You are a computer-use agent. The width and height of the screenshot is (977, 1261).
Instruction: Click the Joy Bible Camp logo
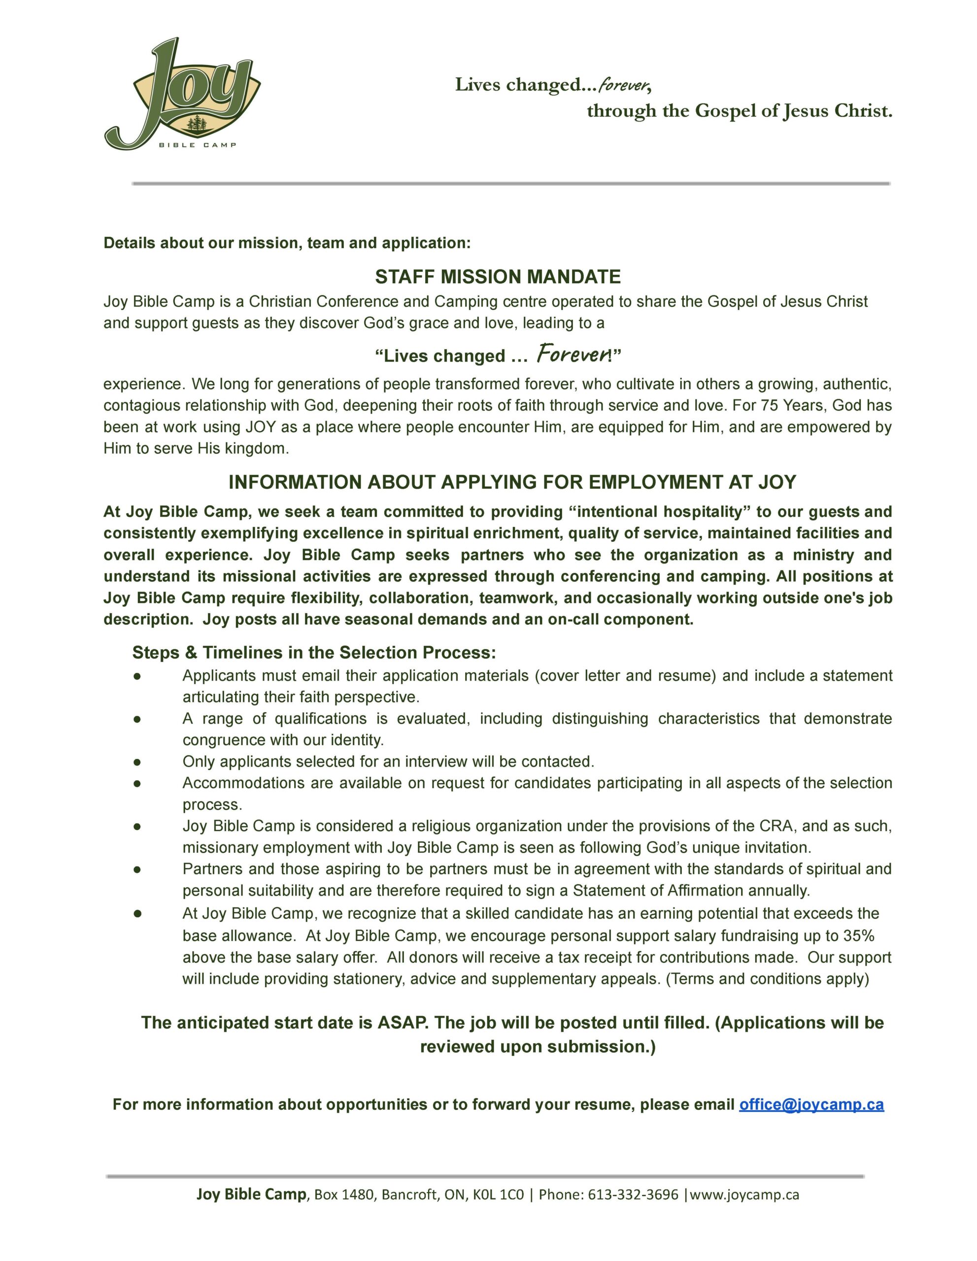[x=182, y=95]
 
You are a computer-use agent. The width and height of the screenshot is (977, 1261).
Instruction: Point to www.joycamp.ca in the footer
[x=744, y=1194]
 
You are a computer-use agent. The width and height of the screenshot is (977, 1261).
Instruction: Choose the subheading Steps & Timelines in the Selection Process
[x=314, y=653]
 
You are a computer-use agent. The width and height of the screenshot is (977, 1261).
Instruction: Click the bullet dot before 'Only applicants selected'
[x=137, y=762]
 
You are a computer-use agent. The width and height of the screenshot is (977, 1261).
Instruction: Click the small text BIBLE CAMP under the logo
[x=198, y=145]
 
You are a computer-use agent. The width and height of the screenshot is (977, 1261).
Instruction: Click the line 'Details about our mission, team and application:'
[x=287, y=243]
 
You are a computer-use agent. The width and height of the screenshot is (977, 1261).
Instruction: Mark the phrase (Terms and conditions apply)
[x=768, y=979]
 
